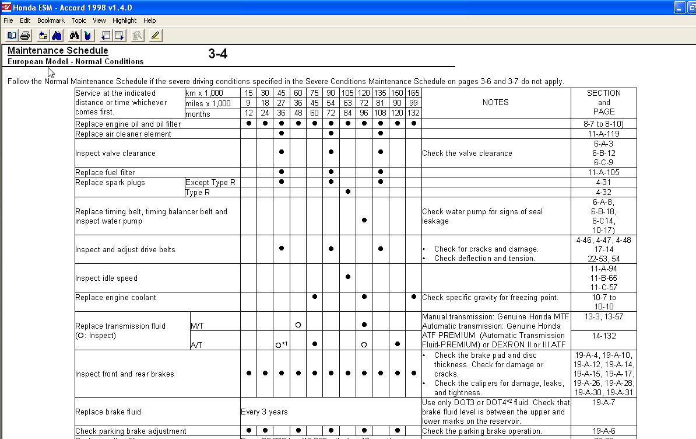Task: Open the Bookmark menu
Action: pyautogui.click(x=51, y=20)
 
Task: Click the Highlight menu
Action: pyautogui.click(x=124, y=20)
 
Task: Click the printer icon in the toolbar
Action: pyautogui.click(x=25, y=36)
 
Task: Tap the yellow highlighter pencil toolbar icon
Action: pyautogui.click(x=155, y=36)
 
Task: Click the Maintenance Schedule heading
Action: pyautogui.click(x=58, y=51)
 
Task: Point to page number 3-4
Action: pyautogui.click(x=217, y=54)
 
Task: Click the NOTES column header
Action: pyautogui.click(x=495, y=102)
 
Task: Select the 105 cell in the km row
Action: pyautogui.click(x=347, y=93)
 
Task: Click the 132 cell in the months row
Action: pyautogui.click(x=413, y=114)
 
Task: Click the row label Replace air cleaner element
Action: pyautogui.click(x=123, y=134)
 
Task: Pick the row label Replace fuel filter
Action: pyautogui.click(x=105, y=172)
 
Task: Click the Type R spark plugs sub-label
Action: pyautogui.click(x=194, y=192)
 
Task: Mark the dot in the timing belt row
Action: pyautogui.click(x=364, y=220)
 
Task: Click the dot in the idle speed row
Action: pyautogui.click(x=347, y=277)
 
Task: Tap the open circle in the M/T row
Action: pyautogui.click(x=298, y=325)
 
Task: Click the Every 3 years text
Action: pyautogui.click(x=264, y=412)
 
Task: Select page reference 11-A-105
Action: pyautogui.click(x=603, y=172)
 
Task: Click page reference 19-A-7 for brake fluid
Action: pyautogui.click(x=603, y=402)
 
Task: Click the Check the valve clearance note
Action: pyautogui.click(x=467, y=153)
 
